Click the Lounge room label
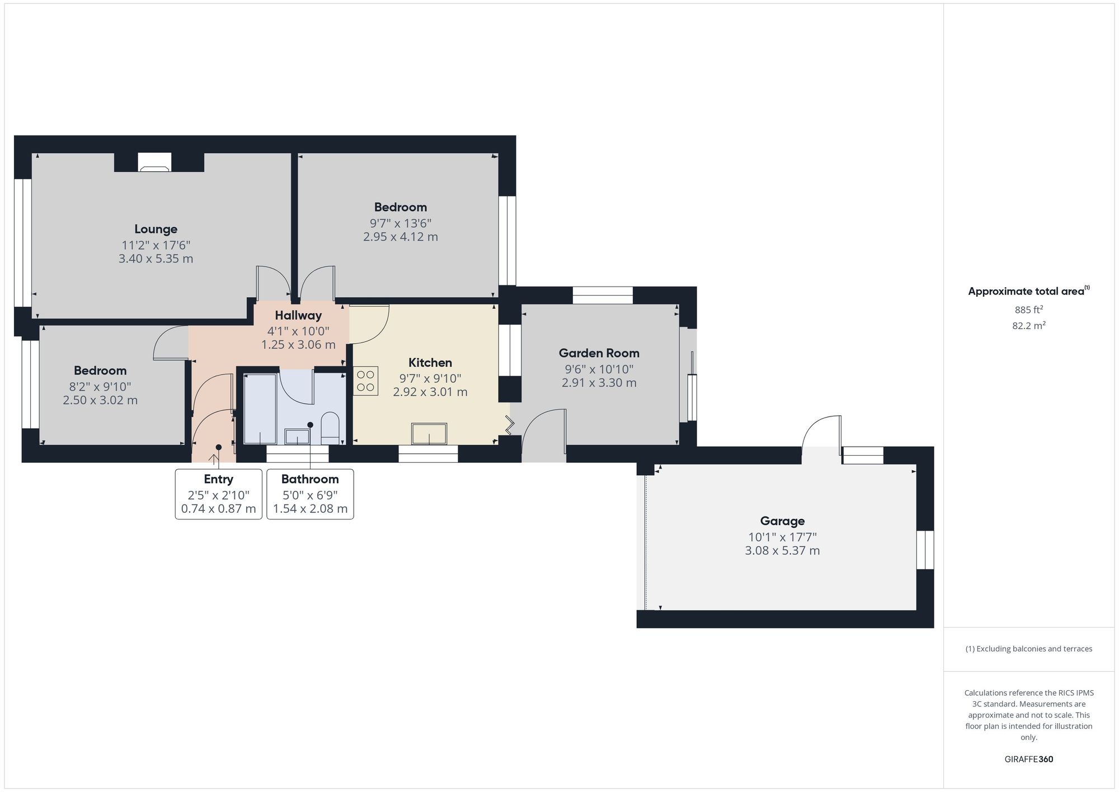coord(156,229)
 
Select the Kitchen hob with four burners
coord(365,381)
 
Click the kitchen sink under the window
coord(429,434)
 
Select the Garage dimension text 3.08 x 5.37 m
coord(782,551)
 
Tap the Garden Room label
coord(599,353)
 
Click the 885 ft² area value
coord(1028,310)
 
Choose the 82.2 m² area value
coord(1028,326)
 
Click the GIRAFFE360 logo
coord(1028,760)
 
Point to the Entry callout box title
coord(218,479)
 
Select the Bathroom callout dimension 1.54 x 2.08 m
coord(310,509)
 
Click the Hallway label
coord(298,315)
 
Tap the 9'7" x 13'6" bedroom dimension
coord(400,223)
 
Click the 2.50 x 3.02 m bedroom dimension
coord(100,400)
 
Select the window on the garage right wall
coord(925,550)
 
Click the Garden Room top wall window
coord(603,295)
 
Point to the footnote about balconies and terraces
coord(1028,649)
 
